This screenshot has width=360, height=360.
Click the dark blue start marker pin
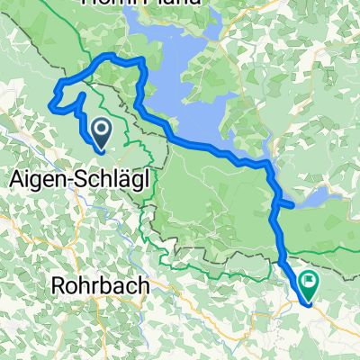101,133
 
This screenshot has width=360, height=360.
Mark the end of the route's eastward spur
292,205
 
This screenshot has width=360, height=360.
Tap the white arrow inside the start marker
101,131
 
